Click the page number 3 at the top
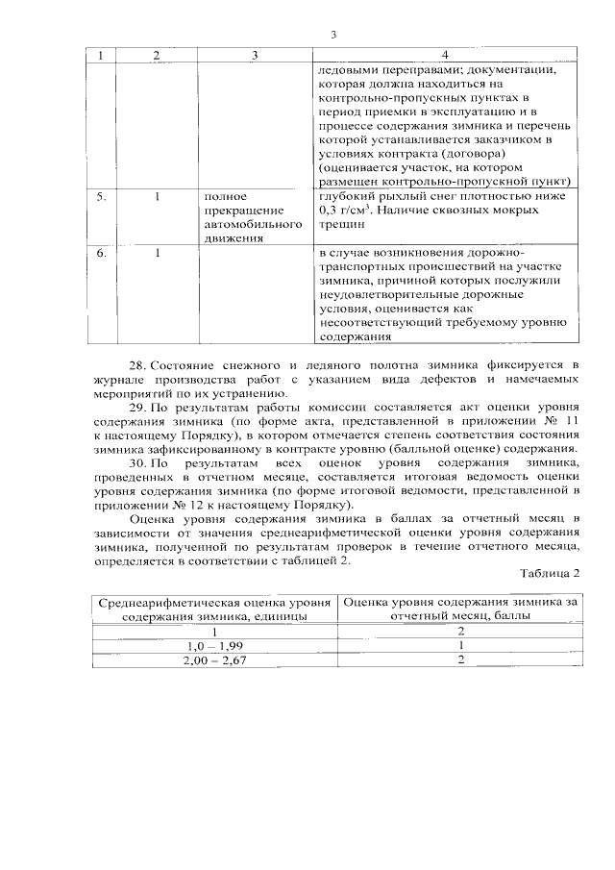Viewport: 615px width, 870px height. point(332,36)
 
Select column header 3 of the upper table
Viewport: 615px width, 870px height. point(255,56)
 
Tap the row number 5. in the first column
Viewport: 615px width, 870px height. point(102,196)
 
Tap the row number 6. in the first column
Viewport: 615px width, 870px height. point(102,252)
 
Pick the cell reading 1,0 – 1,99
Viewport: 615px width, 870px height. point(215,646)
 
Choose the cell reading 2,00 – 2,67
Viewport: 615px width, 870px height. point(215,661)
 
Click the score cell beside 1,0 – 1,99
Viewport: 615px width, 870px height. point(461,646)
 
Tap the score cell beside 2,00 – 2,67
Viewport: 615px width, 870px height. point(461,661)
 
